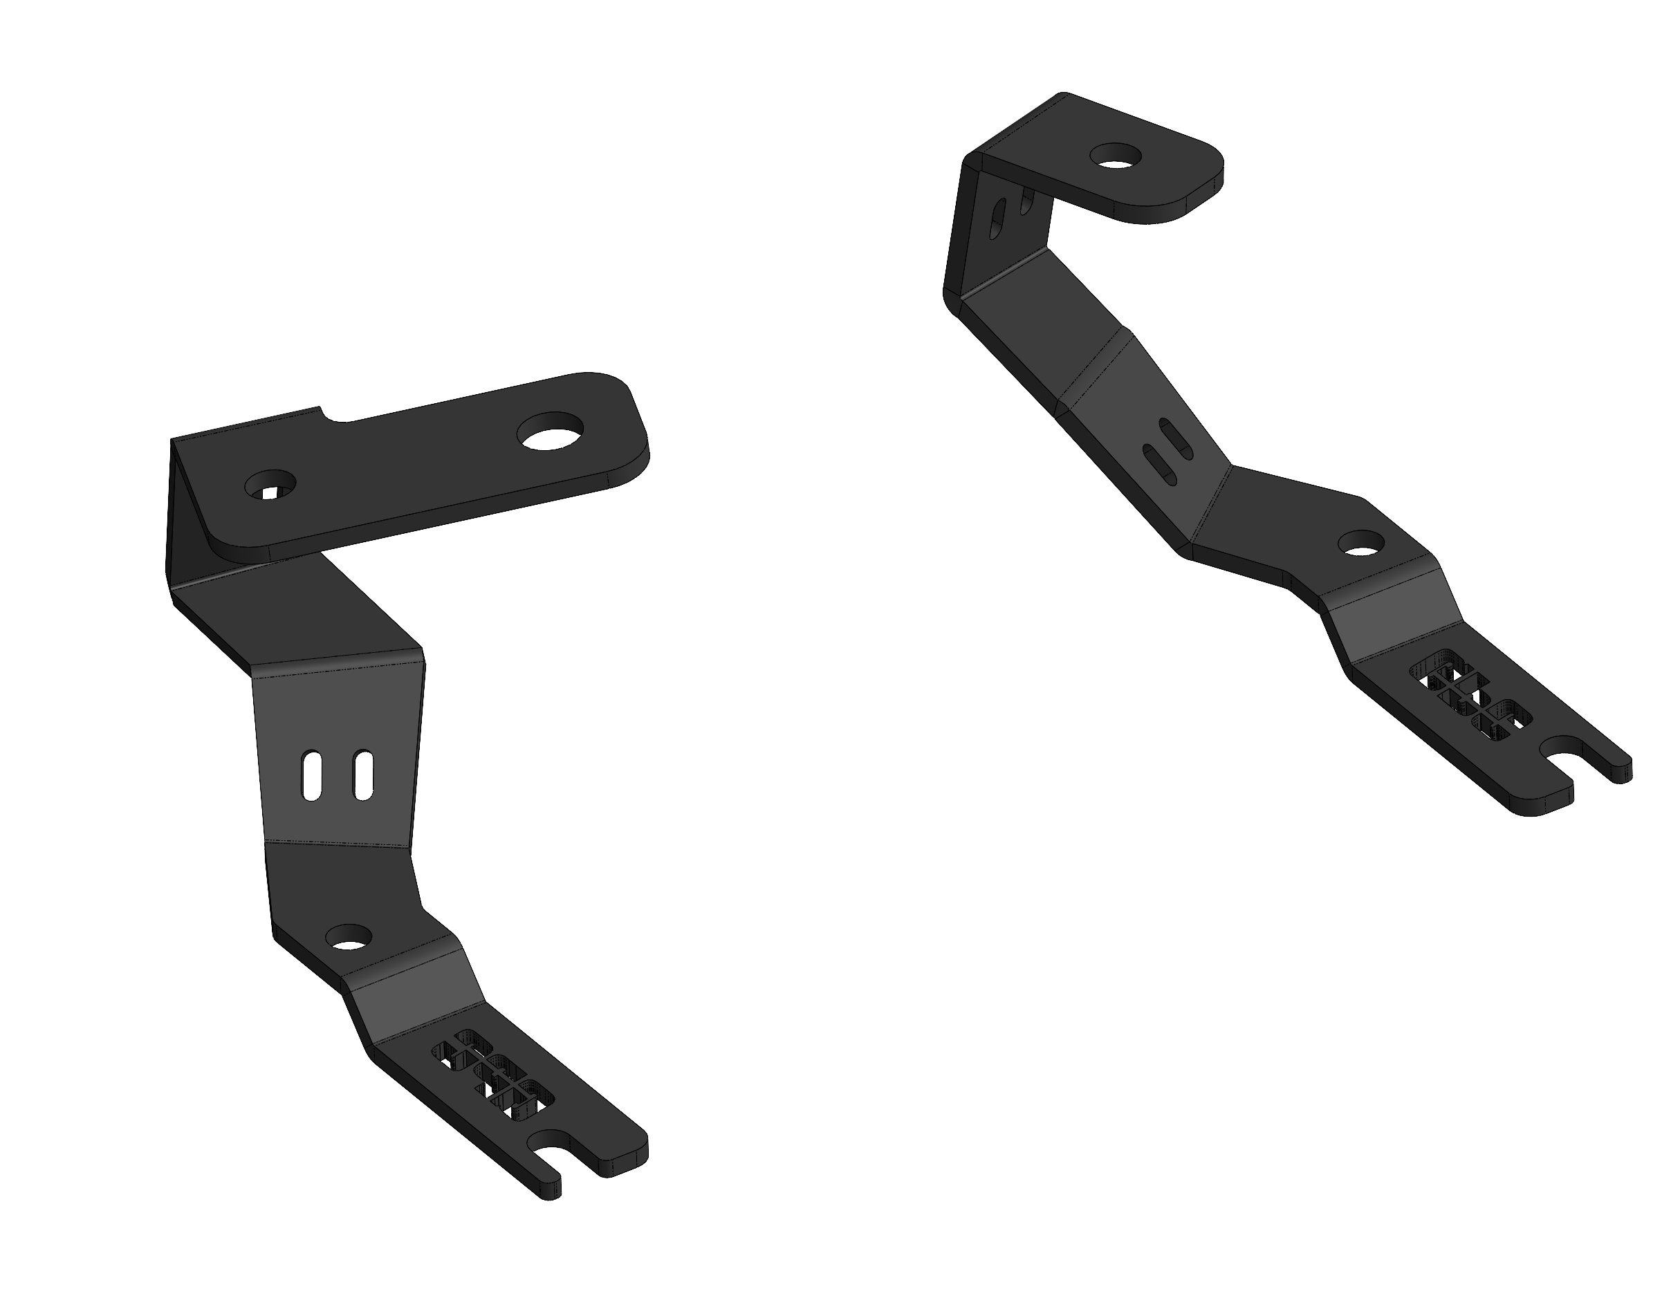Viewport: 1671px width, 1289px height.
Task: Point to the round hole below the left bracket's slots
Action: pos(348,936)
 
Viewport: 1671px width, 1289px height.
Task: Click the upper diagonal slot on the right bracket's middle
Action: pos(1176,438)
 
